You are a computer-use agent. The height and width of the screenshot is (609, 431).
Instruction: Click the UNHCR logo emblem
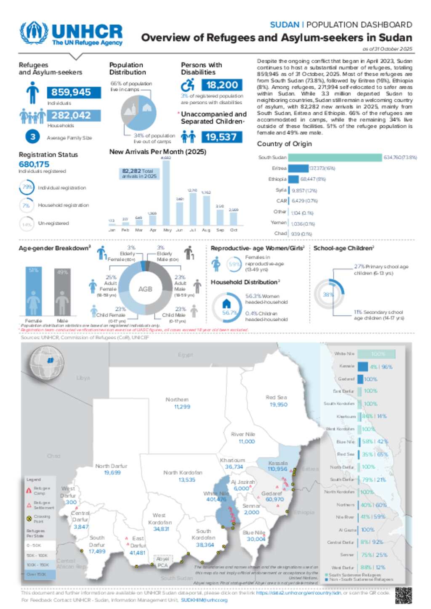[x=34, y=32]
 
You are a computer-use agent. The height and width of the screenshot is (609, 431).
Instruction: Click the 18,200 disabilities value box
[x=222, y=85]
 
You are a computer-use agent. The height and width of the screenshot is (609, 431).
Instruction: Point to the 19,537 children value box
[x=221, y=137]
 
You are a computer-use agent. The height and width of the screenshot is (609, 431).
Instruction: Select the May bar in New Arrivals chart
[x=167, y=192]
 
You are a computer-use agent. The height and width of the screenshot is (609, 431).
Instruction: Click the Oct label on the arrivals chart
[x=234, y=230]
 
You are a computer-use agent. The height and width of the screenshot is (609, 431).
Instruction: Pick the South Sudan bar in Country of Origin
[x=335, y=158]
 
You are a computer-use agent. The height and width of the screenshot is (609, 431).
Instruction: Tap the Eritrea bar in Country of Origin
[x=298, y=169]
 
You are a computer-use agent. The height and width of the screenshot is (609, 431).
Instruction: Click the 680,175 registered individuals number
[x=34, y=164]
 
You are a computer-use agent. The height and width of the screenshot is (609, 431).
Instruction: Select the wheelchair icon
[x=188, y=85]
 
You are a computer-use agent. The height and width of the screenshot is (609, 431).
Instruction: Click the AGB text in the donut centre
[x=145, y=289]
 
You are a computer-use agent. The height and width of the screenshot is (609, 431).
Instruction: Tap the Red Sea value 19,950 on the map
[x=278, y=404]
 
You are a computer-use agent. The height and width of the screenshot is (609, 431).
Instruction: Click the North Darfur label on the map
[x=111, y=466]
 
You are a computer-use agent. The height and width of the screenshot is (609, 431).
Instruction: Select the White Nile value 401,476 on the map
[x=216, y=499]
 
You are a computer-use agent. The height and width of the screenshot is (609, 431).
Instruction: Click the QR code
[x=403, y=595]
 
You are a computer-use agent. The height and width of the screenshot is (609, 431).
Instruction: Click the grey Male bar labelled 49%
[x=62, y=292]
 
